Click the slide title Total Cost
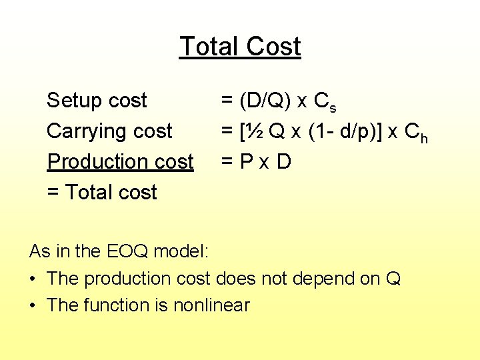pos(240,47)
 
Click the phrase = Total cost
pos(101,193)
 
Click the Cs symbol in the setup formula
pos(325,103)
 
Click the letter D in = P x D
pos(284,162)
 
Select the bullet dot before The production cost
pos(33,279)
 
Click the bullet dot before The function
pos(33,305)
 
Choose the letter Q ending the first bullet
pos(393,279)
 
